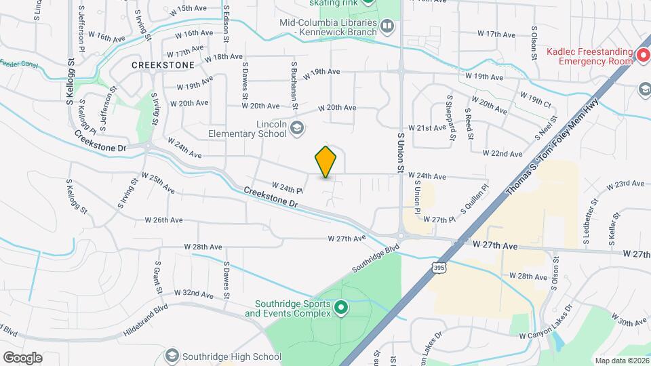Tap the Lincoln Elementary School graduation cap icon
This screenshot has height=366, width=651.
click(x=296, y=127)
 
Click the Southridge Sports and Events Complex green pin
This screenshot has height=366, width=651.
click(x=342, y=308)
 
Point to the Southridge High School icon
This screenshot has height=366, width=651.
click(x=172, y=356)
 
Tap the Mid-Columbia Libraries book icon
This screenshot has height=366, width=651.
click(x=387, y=26)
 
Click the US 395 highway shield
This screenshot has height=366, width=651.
click(x=439, y=268)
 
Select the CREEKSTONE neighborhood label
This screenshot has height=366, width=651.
click(x=163, y=65)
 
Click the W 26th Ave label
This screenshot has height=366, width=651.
click(x=163, y=220)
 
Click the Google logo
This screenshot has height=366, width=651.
click(x=22, y=358)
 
